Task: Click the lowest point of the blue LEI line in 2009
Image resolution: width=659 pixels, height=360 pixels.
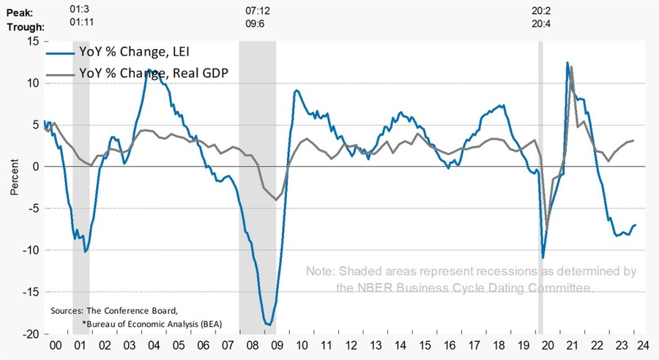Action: point(269,325)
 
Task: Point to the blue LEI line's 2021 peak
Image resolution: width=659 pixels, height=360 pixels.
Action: point(567,63)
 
